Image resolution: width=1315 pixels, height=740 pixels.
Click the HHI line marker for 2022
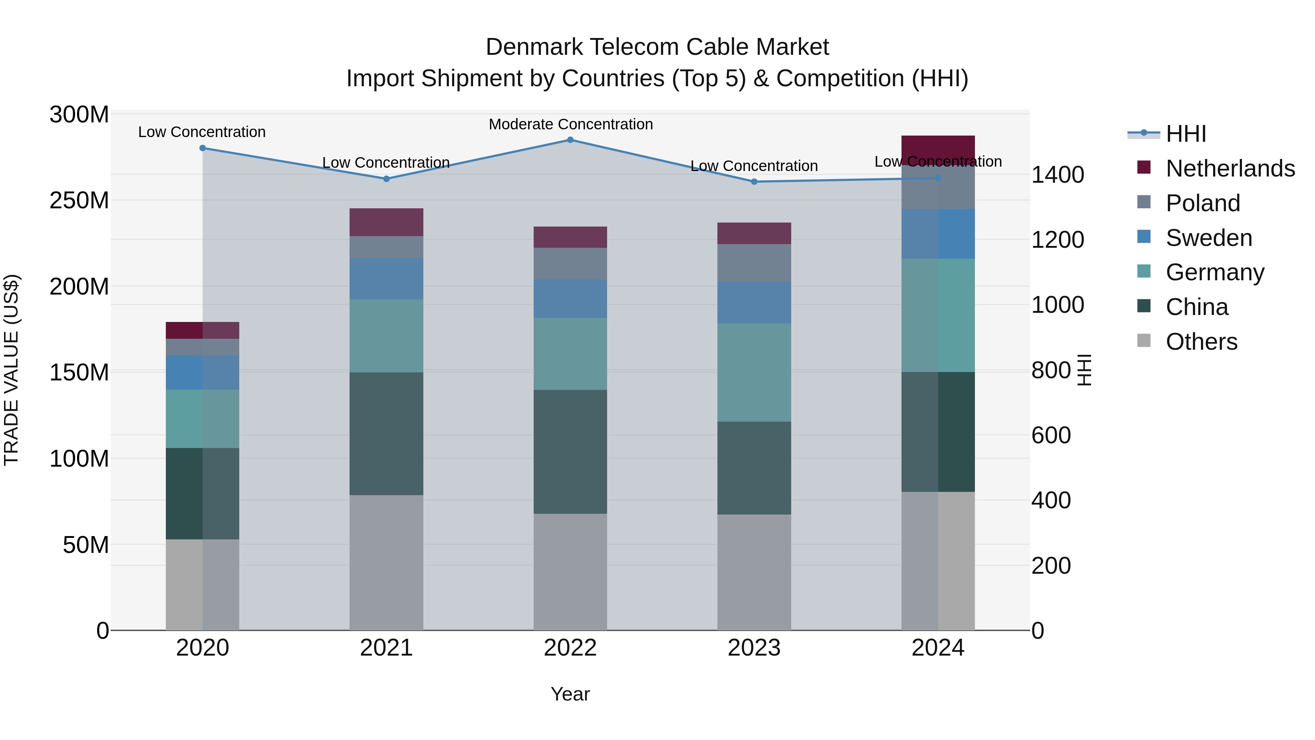(570, 140)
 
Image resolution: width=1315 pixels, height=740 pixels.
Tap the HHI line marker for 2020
(203, 148)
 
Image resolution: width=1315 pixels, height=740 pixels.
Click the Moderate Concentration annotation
(571, 124)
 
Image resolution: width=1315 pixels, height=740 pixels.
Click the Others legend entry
(1201, 342)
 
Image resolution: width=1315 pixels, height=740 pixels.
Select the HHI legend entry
(1186, 134)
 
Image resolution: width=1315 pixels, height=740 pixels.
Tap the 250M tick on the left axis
(79, 200)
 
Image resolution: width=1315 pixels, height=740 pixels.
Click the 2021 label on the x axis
(386, 648)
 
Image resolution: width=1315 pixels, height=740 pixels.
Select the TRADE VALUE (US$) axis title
(11, 370)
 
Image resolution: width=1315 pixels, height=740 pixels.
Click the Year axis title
(570, 694)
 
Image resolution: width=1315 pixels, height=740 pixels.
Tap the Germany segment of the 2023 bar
(754, 372)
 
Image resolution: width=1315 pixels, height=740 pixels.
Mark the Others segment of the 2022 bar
(570, 572)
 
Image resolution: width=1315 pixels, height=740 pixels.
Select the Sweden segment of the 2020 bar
(203, 372)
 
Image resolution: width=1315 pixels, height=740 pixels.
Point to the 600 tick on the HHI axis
(1051, 436)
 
